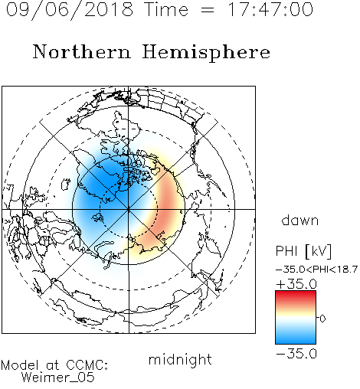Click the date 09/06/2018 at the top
click(x=70, y=10)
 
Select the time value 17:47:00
click(x=270, y=9)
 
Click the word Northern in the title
click(x=82, y=51)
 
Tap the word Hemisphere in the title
click(x=206, y=52)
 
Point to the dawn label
click(x=300, y=220)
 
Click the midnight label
click(x=180, y=360)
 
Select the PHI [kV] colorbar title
click(x=303, y=251)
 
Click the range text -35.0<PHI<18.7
click(x=316, y=270)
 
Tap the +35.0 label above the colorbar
click(x=296, y=284)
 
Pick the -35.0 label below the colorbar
click(x=296, y=354)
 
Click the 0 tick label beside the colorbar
click(x=322, y=319)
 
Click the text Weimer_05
click(x=58, y=377)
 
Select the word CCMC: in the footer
click(x=87, y=365)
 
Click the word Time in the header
click(x=166, y=9)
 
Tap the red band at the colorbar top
click(x=296, y=296)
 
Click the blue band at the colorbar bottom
click(x=296, y=338)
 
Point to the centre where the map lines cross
click(x=129, y=209)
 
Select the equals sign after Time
click(x=208, y=10)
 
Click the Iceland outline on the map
click(x=66, y=184)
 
